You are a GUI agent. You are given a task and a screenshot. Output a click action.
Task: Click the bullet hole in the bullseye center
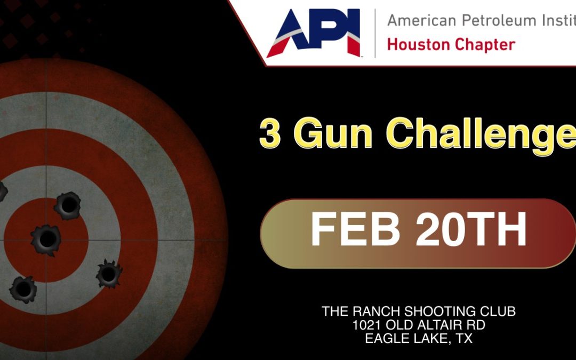(x=46, y=239)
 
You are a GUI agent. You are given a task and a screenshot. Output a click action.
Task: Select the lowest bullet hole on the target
(x=23, y=289)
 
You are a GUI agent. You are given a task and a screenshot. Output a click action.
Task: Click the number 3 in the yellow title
(x=270, y=134)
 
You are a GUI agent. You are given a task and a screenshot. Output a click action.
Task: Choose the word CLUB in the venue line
(x=500, y=311)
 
